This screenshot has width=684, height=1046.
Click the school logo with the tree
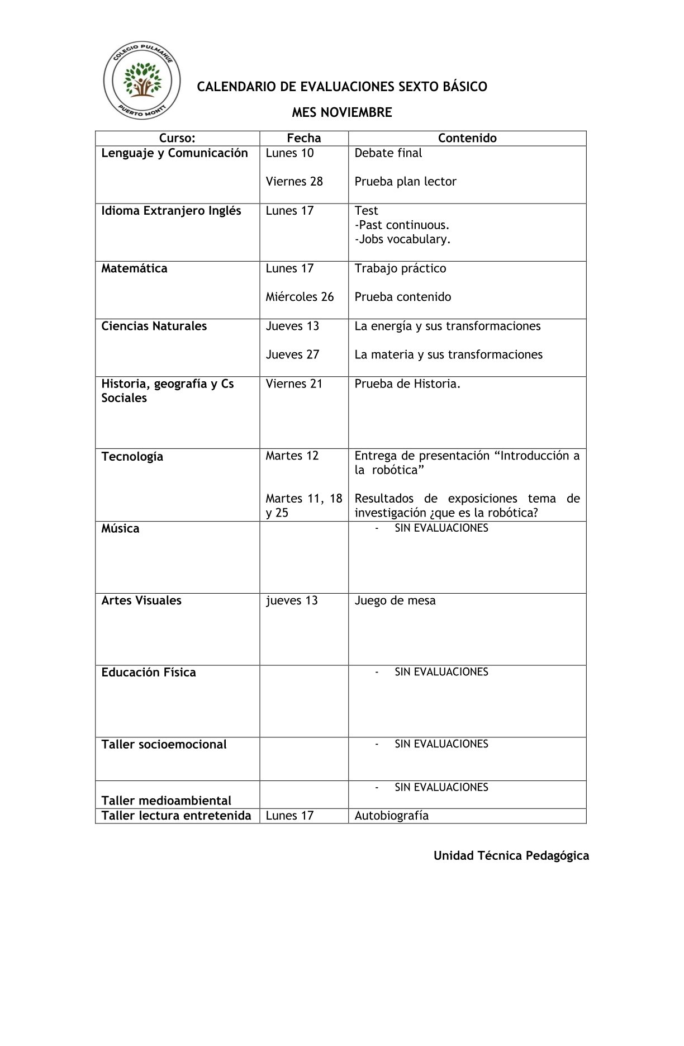coord(142,81)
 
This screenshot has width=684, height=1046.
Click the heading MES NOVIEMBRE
coord(341,112)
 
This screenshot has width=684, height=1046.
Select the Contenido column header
coord(467,138)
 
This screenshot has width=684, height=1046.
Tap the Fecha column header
coord(304,138)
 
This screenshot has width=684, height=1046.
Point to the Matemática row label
coord(134,268)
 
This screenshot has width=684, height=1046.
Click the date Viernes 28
coord(294,182)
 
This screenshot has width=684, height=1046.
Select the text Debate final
coord(388,153)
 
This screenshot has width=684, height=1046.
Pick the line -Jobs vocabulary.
coord(402,239)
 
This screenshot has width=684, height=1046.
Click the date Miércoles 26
coord(300,297)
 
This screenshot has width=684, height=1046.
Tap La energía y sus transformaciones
coord(447,326)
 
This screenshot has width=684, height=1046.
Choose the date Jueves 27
coord(292,354)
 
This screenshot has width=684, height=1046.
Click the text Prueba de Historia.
coord(407,384)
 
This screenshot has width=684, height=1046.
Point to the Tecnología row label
coord(132,457)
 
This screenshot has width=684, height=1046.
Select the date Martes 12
coord(292,456)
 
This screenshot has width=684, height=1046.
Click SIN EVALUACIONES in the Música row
coord(441,528)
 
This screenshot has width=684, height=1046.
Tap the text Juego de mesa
coord(395,600)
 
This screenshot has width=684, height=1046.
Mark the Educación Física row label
coord(149,673)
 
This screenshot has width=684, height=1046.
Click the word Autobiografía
coord(391,816)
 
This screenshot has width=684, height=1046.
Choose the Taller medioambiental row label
coord(166,801)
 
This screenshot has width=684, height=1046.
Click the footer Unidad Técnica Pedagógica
coord(511,855)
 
